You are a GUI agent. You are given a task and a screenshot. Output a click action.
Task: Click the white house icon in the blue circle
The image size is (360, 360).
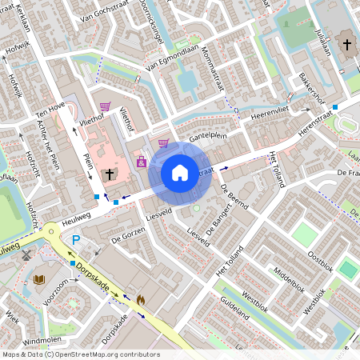[180, 172]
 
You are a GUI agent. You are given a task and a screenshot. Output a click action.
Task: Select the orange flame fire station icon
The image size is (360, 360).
[141, 300]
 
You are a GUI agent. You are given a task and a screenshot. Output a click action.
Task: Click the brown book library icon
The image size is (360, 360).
[39, 280]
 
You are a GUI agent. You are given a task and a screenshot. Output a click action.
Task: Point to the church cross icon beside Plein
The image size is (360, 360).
[110, 173]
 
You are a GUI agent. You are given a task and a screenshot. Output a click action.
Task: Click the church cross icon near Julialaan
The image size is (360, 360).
[346, 44]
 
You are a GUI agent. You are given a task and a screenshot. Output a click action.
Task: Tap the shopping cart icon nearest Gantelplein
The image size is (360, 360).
[163, 144]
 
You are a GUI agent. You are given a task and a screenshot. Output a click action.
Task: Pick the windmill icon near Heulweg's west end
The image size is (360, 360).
[26, 255]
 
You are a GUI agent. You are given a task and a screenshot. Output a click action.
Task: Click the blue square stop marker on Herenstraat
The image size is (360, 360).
[335, 106]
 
